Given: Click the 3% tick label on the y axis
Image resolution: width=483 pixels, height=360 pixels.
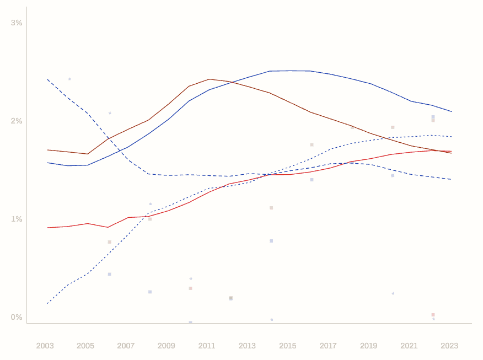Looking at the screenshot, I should click(17, 23).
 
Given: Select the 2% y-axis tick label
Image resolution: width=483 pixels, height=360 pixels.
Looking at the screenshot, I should click(17, 121).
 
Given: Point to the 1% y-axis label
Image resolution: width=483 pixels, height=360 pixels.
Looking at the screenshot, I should click(17, 219).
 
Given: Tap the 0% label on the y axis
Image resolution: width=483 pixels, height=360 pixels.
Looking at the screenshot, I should click(17, 317).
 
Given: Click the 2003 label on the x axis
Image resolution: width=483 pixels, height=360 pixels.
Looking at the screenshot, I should click(45, 346).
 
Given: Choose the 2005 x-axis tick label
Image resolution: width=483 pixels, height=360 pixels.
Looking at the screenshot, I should click(85, 346).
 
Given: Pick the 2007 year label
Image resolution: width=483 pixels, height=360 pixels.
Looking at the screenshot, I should click(126, 346).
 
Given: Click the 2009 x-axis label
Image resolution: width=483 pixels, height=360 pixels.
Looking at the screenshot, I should click(167, 346).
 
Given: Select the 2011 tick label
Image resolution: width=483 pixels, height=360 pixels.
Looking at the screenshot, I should click(207, 346).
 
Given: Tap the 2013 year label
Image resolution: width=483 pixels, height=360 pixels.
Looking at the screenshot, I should click(247, 346).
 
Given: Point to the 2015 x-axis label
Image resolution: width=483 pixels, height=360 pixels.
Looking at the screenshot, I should click(288, 346).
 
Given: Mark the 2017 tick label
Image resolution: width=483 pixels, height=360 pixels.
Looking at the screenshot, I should click(328, 346).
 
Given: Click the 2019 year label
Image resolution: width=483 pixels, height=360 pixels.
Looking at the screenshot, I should click(368, 346).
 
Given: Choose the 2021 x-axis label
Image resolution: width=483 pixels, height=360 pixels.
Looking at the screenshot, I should click(409, 346).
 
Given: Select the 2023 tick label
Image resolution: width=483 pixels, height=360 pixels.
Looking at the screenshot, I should click(449, 346).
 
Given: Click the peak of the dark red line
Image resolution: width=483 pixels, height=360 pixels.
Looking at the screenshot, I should click(210, 79).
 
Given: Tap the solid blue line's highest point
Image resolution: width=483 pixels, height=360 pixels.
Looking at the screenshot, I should click(290, 71).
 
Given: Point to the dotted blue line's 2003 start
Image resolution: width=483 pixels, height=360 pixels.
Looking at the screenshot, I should click(47, 303).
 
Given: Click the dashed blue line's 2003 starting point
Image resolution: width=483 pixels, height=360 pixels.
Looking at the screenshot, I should click(47, 79).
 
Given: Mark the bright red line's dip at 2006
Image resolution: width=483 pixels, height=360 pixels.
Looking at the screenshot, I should click(108, 227).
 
